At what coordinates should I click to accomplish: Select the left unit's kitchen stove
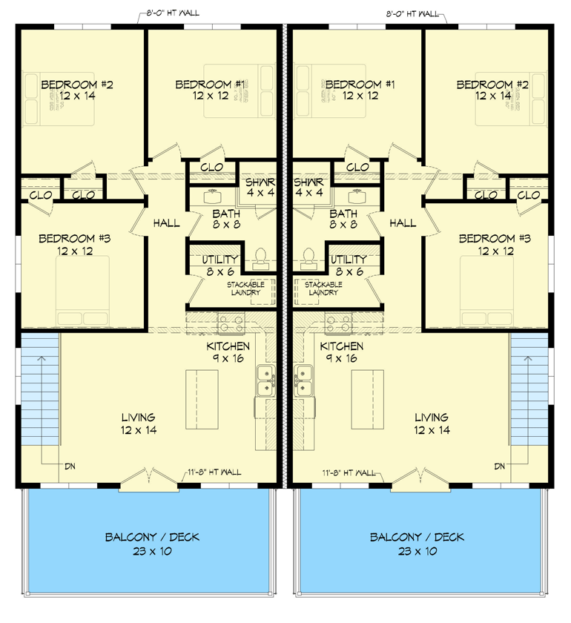click(x=229, y=323)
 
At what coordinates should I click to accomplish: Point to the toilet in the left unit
click(x=260, y=259)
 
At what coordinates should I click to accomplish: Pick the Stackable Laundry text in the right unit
click(x=322, y=289)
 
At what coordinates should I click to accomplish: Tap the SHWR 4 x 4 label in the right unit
click(x=307, y=187)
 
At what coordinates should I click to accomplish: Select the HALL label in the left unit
click(x=167, y=222)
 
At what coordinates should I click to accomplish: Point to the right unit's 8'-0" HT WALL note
click(x=412, y=13)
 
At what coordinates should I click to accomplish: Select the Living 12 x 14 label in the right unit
click(x=431, y=423)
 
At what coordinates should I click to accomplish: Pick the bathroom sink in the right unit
click(x=356, y=197)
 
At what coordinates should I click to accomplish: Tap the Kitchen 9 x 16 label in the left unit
click(x=228, y=352)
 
